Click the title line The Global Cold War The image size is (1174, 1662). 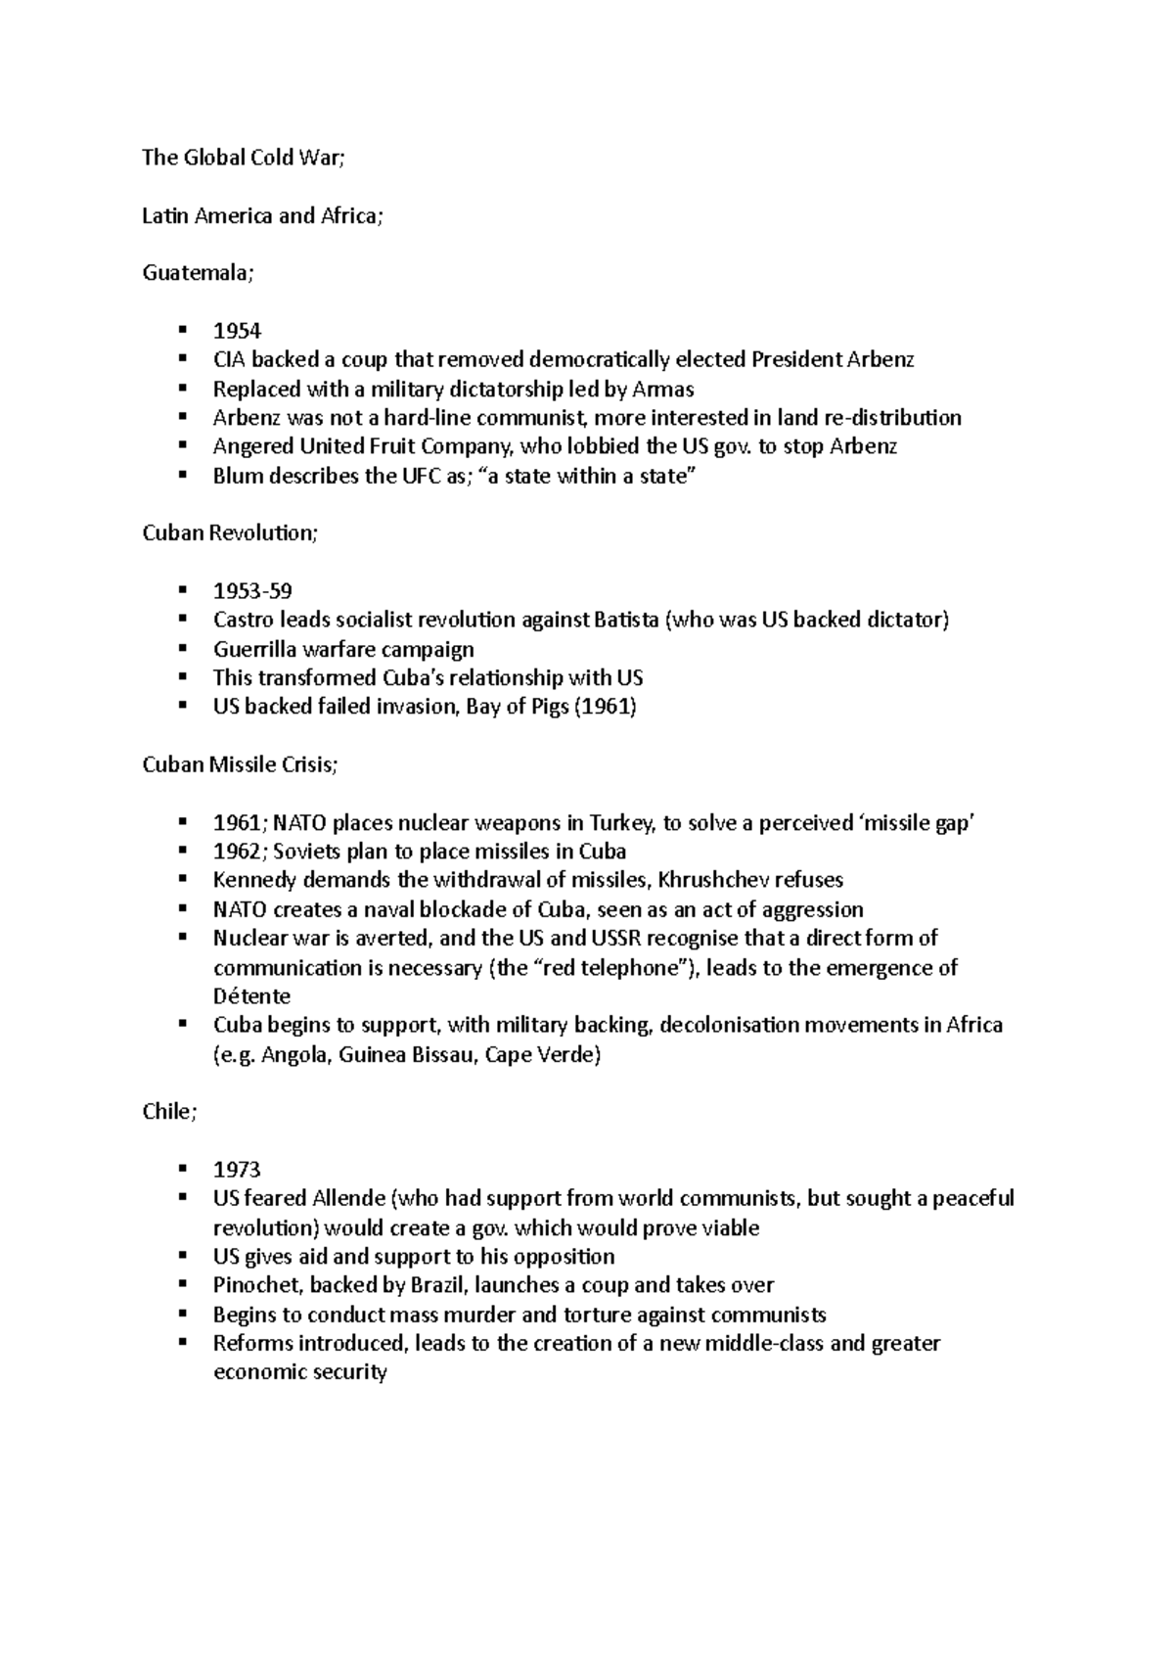click(244, 158)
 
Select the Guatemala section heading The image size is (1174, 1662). click(197, 273)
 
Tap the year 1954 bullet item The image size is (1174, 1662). click(237, 331)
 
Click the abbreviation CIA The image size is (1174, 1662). click(230, 359)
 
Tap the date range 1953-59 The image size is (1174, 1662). click(252, 591)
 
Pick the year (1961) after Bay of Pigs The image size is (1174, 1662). click(606, 707)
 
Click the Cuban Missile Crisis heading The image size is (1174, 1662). click(240, 764)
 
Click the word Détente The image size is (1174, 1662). click(251, 996)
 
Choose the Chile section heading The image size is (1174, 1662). click(169, 1113)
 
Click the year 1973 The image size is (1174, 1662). click(237, 1170)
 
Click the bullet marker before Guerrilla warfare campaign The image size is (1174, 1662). click(182, 648)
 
